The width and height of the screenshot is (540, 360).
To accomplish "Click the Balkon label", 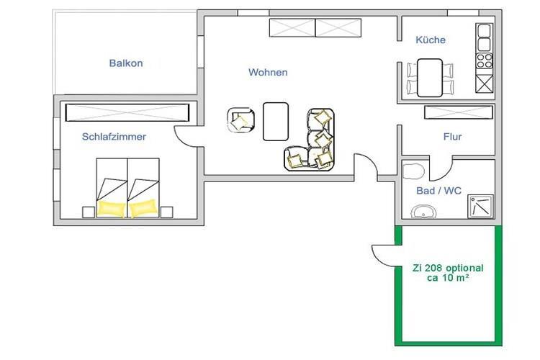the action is [x=126, y=63].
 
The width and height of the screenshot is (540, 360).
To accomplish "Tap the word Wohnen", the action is [x=268, y=72].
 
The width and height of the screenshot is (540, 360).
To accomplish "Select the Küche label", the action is [x=431, y=40].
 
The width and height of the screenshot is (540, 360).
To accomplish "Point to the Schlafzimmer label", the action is [x=114, y=137].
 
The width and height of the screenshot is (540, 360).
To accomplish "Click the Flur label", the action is [x=453, y=137].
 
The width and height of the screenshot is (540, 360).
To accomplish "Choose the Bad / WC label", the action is [x=438, y=191].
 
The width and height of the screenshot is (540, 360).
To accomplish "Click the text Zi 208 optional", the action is [x=448, y=268].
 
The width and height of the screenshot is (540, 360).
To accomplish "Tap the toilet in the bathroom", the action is [x=413, y=171].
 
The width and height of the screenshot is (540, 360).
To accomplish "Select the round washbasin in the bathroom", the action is [x=423, y=212].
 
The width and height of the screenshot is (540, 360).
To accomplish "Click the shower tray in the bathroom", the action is [x=480, y=207].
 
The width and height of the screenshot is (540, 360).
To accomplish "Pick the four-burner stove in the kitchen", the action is [x=485, y=60].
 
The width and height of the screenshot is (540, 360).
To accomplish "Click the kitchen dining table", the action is [x=430, y=78].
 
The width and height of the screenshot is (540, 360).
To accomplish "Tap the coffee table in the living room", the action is [x=276, y=122].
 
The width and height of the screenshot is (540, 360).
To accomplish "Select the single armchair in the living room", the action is [x=240, y=120].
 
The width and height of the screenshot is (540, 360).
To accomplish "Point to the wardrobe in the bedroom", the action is [x=127, y=112].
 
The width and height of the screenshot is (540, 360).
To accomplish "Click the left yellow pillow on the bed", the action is [x=111, y=208].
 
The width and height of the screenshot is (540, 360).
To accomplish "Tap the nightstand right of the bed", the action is [x=167, y=212].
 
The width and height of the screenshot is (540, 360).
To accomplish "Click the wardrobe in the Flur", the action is [x=459, y=112].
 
